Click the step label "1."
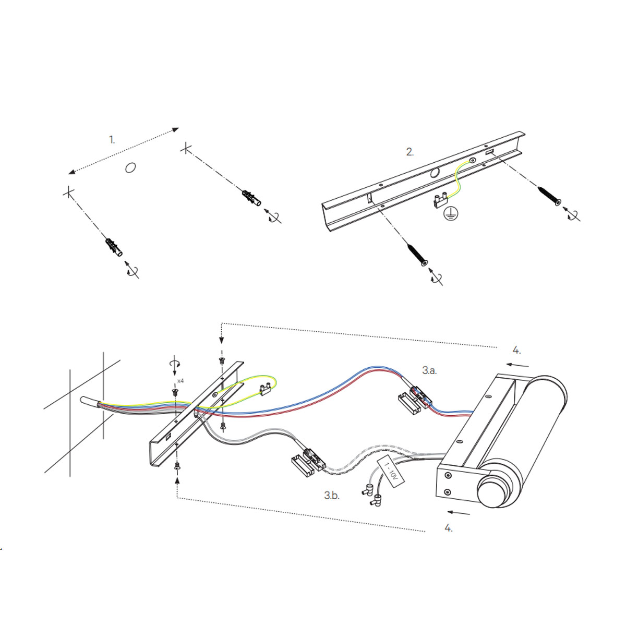click(x=112, y=139)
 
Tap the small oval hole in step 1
click(x=130, y=167)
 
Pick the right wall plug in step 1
click(x=251, y=198)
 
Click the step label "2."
click(x=410, y=152)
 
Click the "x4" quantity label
click(x=180, y=381)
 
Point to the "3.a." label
click(x=429, y=370)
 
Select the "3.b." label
click(x=332, y=495)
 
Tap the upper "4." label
click(x=516, y=350)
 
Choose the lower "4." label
click(x=449, y=528)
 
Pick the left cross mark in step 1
click(x=68, y=193)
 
